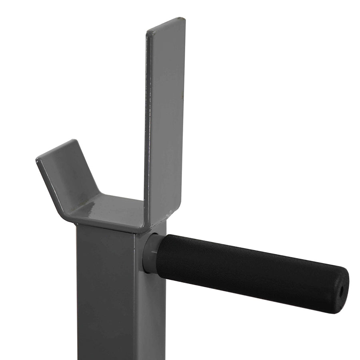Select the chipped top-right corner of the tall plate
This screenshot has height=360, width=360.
183,19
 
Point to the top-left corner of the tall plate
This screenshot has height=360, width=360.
147,31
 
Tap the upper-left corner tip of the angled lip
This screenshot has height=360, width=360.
38,159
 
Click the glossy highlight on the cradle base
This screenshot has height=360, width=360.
90,206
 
